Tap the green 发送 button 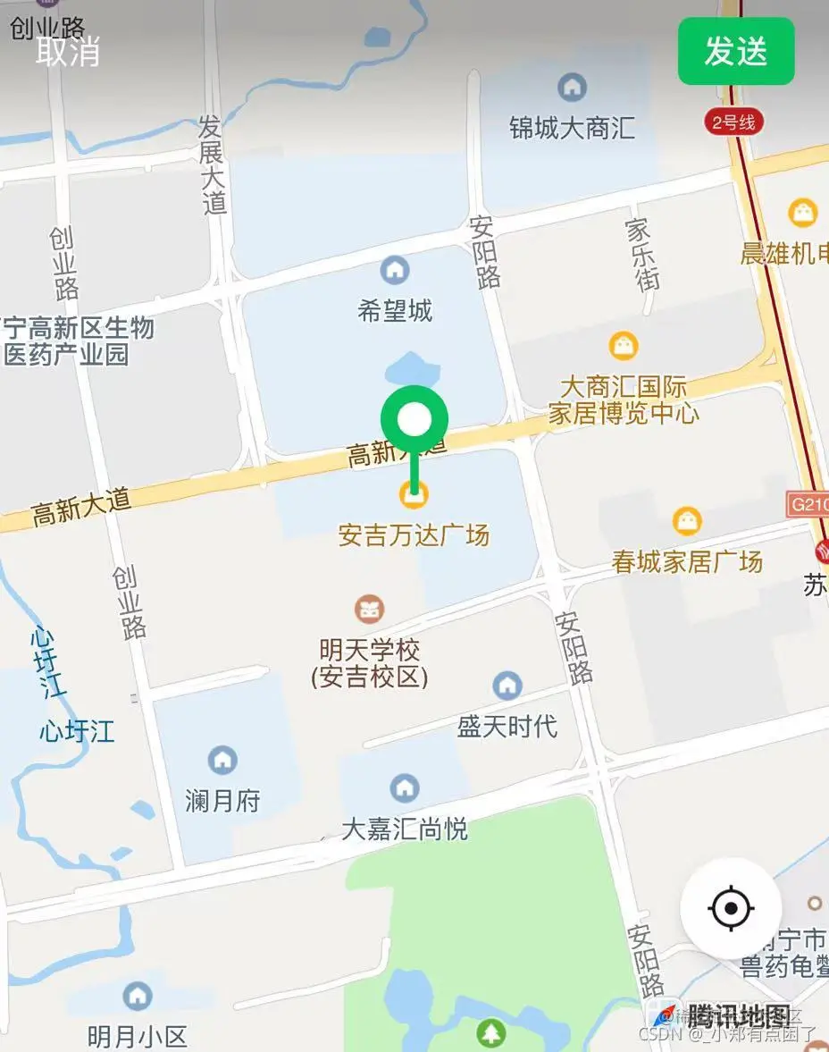tap(735, 51)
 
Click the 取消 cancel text tap(68, 51)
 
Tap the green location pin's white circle tap(414, 418)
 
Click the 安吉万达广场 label tap(414, 535)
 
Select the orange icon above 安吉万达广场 tap(413, 492)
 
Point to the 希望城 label tap(395, 311)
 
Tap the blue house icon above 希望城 tap(394, 269)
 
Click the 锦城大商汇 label tap(572, 128)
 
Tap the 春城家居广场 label tap(687, 561)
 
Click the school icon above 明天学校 tap(369, 610)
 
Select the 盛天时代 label tap(507, 726)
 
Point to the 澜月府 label tap(222, 800)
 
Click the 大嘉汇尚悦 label tap(405, 829)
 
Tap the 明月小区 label tap(138, 1036)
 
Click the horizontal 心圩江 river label tap(77, 731)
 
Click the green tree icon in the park tap(490, 1032)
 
